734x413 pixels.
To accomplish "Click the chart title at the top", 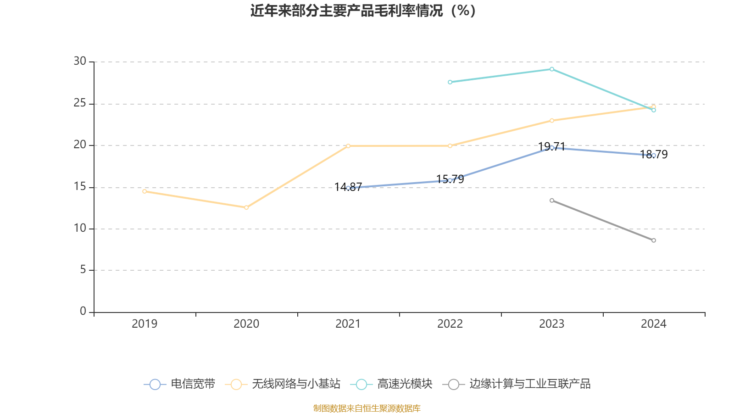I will click(363, 11).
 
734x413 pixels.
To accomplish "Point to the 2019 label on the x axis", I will click(145, 324).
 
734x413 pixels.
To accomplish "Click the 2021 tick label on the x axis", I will click(348, 324).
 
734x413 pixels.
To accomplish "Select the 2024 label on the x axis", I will click(654, 324).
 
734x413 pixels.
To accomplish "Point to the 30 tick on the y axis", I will click(80, 61).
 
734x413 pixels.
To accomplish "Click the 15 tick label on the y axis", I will click(80, 187).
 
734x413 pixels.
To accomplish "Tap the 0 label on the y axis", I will click(83, 312).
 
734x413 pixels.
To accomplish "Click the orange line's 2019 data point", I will click(145, 191).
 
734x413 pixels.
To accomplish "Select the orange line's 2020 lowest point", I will click(246, 207).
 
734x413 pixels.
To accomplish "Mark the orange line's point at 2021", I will click(348, 146).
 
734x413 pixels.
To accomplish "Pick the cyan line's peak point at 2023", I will click(552, 69).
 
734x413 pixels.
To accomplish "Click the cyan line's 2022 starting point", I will click(450, 82).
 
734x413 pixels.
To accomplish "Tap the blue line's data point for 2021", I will click(348, 188).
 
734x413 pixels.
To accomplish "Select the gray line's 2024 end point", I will click(654, 240).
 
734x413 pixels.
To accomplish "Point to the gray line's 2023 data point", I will click(552, 201).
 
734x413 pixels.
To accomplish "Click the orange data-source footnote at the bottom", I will click(367, 408).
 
